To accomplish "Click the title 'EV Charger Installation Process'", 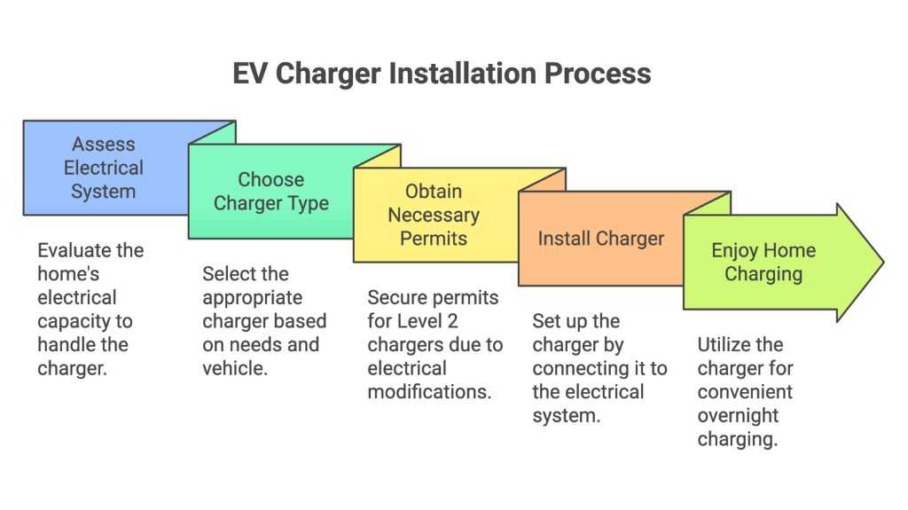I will [x=442, y=73].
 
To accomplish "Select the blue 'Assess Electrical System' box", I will [x=104, y=168].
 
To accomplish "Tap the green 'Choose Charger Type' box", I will [x=271, y=192].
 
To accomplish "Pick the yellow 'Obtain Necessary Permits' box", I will [x=434, y=215].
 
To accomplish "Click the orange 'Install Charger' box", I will [x=600, y=239].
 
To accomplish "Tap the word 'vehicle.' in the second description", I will [x=235, y=368].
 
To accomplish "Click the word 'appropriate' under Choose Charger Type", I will [x=252, y=297].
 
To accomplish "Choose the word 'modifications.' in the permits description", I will [x=429, y=392].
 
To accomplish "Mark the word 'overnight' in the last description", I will [x=738, y=415].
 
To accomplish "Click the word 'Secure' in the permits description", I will [x=396, y=297].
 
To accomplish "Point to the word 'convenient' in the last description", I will [x=745, y=392].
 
